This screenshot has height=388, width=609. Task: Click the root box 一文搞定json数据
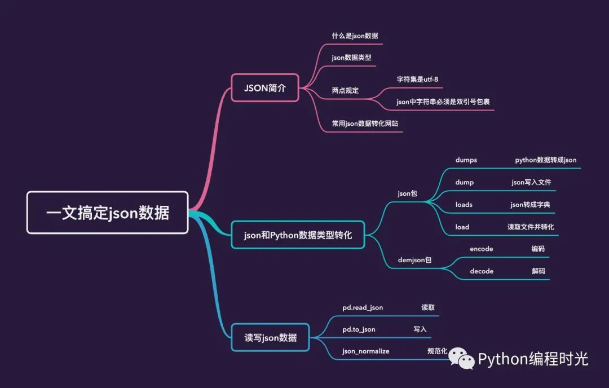click(x=107, y=213)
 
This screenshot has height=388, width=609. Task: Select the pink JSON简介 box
click(x=265, y=88)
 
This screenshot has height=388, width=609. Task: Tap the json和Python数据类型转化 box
click(x=298, y=235)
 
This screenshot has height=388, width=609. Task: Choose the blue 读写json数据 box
click(x=270, y=337)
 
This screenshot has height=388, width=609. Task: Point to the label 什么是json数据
click(x=355, y=36)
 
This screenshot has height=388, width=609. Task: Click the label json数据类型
click(x=351, y=58)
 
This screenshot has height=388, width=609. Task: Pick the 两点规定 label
click(x=345, y=90)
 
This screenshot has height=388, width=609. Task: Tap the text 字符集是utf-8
click(x=417, y=79)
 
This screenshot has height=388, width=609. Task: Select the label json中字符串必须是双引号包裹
click(x=443, y=102)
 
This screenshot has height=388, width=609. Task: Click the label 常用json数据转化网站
click(x=365, y=124)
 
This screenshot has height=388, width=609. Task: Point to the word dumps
click(x=466, y=160)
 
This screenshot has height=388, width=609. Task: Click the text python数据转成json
click(x=546, y=160)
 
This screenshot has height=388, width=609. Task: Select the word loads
click(x=464, y=205)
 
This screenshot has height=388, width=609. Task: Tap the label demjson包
click(x=414, y=260)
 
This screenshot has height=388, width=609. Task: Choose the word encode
click(x=481, y=249)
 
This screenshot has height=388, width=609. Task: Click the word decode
click(x=482, y=271)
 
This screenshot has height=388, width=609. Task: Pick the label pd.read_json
click(x=363, y=307)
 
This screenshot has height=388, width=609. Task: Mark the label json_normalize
click(x=366, y=351)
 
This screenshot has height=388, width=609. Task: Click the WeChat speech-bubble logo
click(x=461, y=358)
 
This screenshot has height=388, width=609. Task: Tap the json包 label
click(x=408, y=193)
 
